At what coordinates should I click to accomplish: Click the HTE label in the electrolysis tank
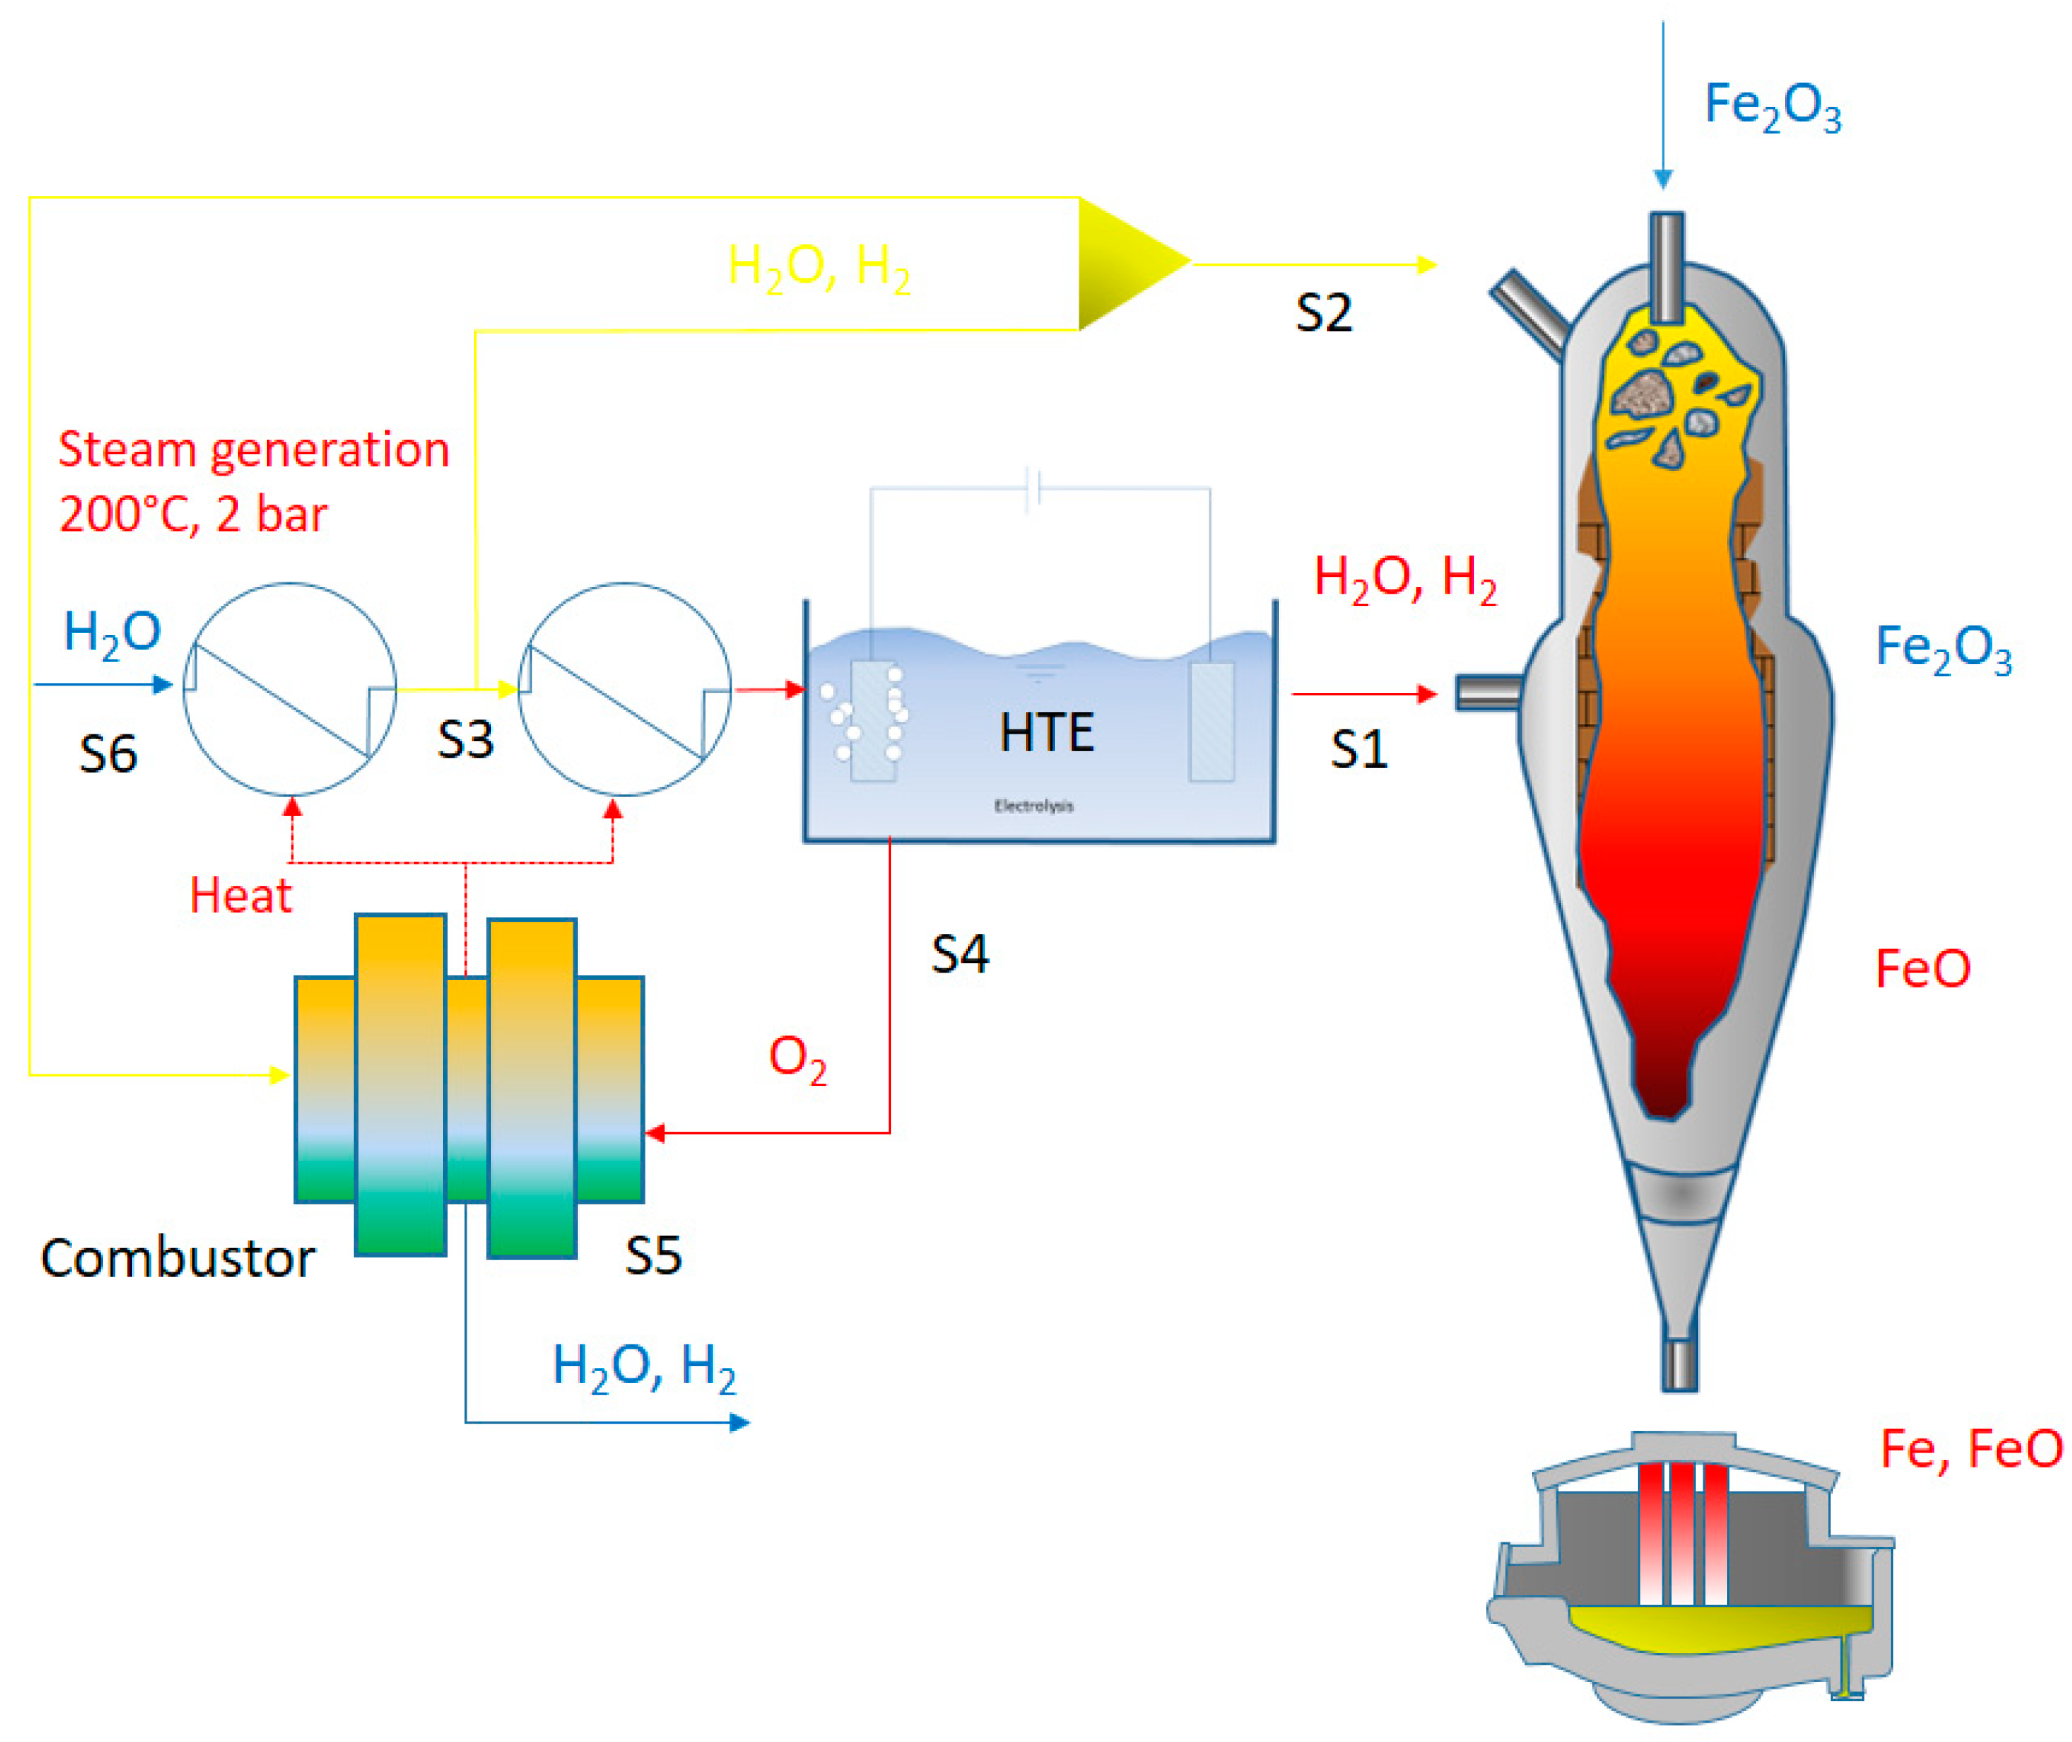[1046, 733]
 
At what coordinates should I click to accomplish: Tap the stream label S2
[1323, 313]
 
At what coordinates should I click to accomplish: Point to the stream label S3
[464, 740]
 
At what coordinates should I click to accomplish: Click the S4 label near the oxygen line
[959, 955]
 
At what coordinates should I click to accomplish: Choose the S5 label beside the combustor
[653, 1256]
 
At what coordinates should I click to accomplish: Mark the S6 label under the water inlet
[108, 755]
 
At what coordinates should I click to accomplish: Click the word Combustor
[178, 1259]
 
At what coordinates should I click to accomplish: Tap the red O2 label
[796, 1059]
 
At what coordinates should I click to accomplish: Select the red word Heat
[240, 895]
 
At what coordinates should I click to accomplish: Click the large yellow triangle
[1126, 263]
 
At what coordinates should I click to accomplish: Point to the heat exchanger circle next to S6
[289, 689]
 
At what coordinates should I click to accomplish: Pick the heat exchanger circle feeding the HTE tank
[623, 689]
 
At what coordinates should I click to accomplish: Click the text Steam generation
[254, 450]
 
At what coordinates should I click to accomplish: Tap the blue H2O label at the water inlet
[111, 633]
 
